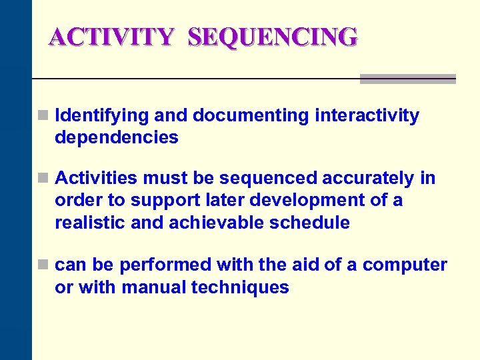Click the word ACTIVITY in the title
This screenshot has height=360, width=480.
point(110,37)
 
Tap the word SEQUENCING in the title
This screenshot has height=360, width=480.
point(273,37)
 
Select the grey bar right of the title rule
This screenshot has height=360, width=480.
point(407,79)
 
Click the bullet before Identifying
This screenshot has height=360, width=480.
point(43,116)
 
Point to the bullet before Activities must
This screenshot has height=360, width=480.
point(43,179)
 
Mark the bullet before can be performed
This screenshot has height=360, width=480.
point(43,265)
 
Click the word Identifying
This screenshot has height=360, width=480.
point(102,116)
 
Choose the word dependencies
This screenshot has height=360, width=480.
point(117,138)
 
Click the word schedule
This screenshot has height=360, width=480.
point(309,223)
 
